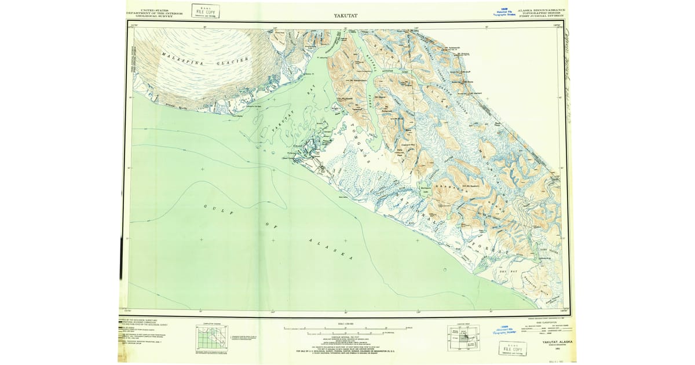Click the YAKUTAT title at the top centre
coord(346,16)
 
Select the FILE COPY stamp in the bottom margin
coord(513,349)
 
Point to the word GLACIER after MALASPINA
coord(232,60)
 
